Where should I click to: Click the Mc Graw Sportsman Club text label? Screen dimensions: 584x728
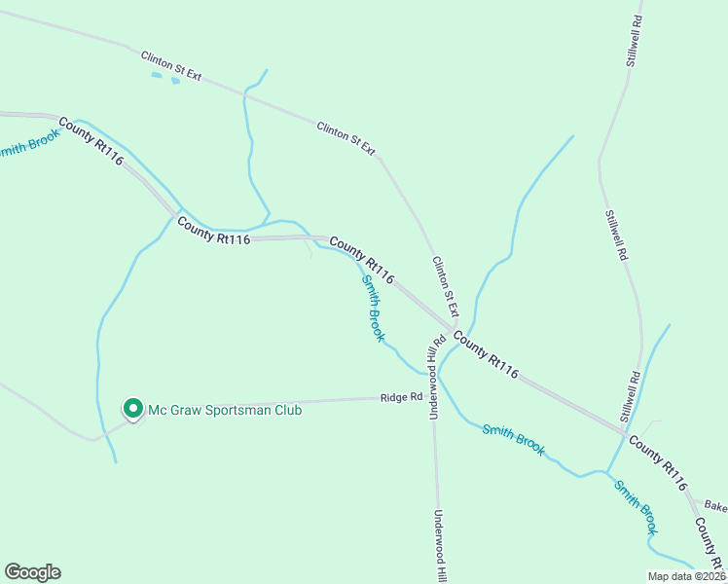coord(224,410)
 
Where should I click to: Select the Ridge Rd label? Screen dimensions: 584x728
coord(402,397)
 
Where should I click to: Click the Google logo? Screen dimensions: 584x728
coord(32,572)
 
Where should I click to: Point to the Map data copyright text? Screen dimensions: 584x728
coord(687,576)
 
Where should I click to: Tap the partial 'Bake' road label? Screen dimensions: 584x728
coord(715,506)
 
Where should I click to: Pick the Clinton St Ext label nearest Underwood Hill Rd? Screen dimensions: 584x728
coord(445,284)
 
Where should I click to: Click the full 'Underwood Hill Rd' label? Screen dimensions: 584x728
coord(437,377)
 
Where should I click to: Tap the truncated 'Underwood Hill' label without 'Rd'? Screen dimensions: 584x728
coord(438,545)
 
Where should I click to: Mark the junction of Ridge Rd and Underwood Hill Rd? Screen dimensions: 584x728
coord(434,397)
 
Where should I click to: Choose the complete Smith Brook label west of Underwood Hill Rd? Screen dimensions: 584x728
coord(373,309)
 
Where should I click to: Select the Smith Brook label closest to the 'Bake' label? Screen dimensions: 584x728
coord(636,505)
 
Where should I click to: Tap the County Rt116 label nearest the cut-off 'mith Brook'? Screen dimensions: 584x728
coord(91,141)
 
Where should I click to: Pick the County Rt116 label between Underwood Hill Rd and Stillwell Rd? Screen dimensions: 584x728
coord(486,356)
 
